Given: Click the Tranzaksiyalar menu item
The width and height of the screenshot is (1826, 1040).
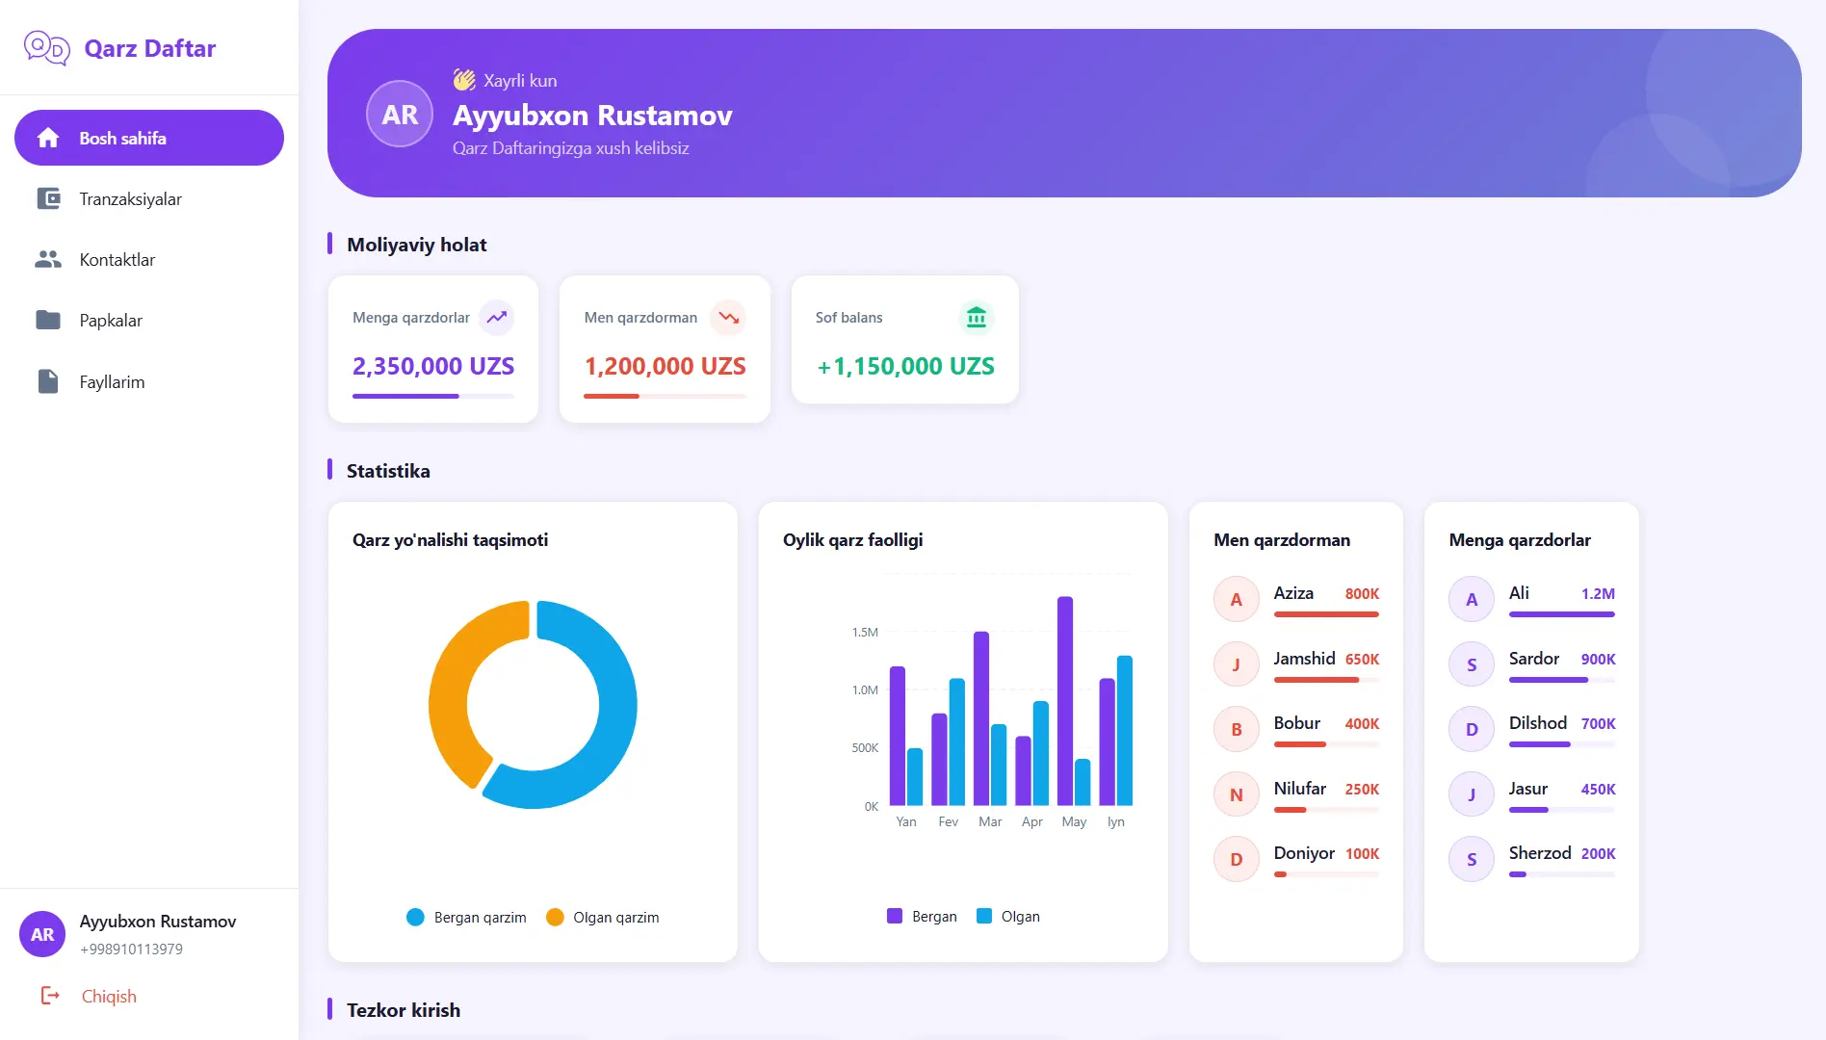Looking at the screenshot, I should [x=130, y=199].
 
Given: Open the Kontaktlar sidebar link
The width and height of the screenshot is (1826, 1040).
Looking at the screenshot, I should [x=117, y=260].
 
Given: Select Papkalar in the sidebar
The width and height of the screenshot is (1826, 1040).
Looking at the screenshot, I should [x=111, y=321].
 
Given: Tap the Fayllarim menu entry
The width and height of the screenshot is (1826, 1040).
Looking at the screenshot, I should [x=112, y=382].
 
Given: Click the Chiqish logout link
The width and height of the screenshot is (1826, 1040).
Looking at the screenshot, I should [x=108, y=997].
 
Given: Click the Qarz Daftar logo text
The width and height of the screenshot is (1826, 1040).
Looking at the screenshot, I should [x=149, y=48].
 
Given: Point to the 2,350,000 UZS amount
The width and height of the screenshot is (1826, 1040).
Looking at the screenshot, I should [x=433, y=366].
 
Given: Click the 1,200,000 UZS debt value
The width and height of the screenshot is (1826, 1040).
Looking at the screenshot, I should [x=665, y=366].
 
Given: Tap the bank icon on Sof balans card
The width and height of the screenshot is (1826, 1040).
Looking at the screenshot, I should [x=976, y=317].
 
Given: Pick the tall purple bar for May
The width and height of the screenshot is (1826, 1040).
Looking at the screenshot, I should [x=1065, y=700].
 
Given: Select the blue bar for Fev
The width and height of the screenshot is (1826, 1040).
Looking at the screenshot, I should [x=956, y=741].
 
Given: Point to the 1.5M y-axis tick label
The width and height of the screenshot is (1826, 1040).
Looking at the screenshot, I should [x=865, y=633].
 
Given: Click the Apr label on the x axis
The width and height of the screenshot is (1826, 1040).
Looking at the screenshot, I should [x=1031, y=822].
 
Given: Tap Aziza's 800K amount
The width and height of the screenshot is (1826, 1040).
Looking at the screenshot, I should [x=1362, y=594].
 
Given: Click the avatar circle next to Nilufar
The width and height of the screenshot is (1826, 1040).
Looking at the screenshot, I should [x=1237, y=794].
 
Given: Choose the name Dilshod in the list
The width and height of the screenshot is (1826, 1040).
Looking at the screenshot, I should [x=1538, y=723].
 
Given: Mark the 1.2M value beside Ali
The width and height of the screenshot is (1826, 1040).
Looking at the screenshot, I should [x=1598, y=594].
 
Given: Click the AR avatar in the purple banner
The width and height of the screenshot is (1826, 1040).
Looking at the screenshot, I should [x=400, y=115].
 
